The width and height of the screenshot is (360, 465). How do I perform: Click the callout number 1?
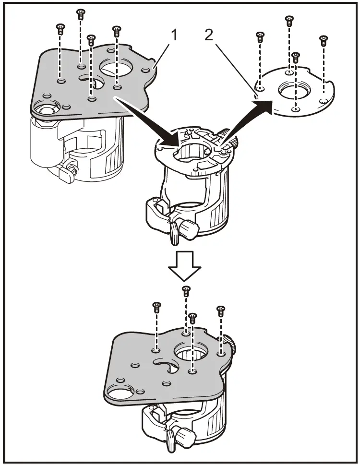(174, 36)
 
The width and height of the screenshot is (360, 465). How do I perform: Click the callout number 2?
(209, 36)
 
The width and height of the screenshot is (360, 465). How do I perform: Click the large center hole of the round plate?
(294, 90)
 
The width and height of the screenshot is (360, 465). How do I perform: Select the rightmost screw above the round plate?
(323, 41)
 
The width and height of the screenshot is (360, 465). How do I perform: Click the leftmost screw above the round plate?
(260, 37)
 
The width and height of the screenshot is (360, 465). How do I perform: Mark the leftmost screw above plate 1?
(60, 29)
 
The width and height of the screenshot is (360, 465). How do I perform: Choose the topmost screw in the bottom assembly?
(186, 291)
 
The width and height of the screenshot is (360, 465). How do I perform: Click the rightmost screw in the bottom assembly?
(220, 311)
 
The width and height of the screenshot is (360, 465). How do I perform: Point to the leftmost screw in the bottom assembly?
(156, 307)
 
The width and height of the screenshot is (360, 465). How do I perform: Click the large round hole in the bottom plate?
(191, 350)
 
